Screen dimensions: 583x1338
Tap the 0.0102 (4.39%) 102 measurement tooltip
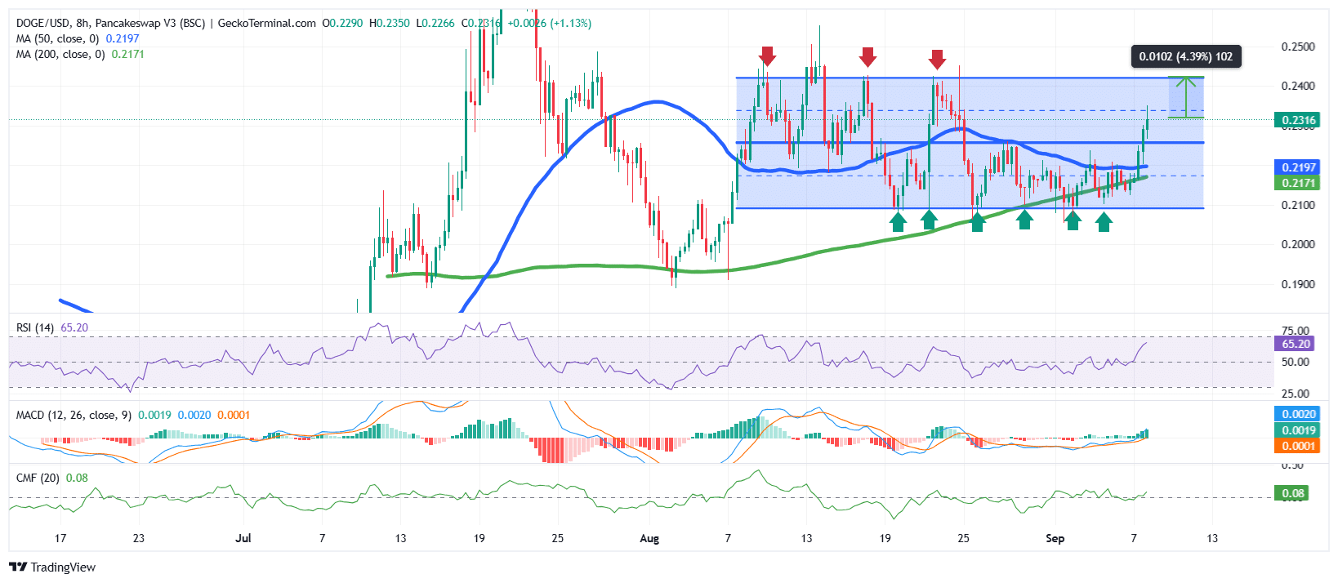[x=1185, y=56]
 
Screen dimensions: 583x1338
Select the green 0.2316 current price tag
[x=1297, y=120]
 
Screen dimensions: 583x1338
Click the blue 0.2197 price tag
[x=1297, y=167]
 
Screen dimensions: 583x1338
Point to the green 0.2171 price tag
[x=1297, y=183]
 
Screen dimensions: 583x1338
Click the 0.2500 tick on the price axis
[x=1298, y=47]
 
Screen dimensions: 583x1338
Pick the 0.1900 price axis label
[x=1298, y=284]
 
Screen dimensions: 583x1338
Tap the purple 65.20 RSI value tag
[x=1296, y=344]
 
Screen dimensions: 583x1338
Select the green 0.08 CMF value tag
[x=1292, y=493]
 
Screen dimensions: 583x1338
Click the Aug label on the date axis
[x=649, y=538]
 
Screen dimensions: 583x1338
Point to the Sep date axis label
[x=1055, y=538]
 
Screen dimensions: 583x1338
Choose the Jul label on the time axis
[x=243, y=538]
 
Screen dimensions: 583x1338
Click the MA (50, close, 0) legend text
[x=57, y=38]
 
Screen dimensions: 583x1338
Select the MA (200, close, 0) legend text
[x=60, y=54]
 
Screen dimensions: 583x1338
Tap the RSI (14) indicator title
[x=35, y=327]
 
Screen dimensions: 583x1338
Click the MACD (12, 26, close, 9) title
[x=74, y=415]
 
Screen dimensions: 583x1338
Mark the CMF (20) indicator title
[x=38, y=478]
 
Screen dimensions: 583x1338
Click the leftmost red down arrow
[x=766, y=56]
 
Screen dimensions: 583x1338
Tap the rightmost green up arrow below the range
[x=1104, y=221]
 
